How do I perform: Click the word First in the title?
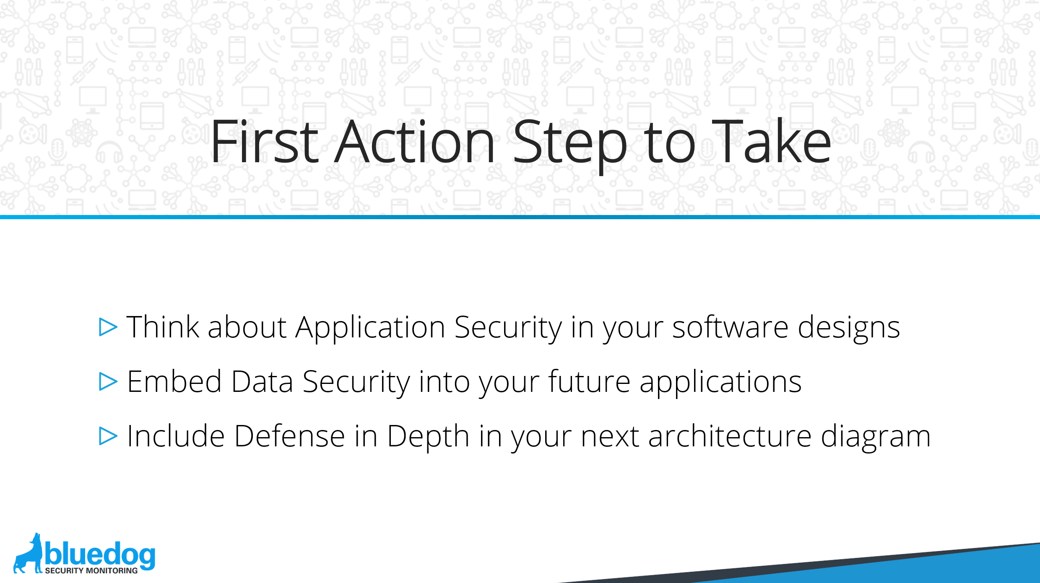pyautogui.click(x=265, y=142)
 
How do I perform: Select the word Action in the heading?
pyautogui.click(x=415, y=142)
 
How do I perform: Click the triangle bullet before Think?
pyautogui.click(x=108, y=327)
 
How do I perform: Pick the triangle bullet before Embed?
pyautogui.click(x=108, y=381)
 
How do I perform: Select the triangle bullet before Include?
pyautogui.click(x=108, y=436)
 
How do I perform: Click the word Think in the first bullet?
pyautogui.click(x=163, y=326)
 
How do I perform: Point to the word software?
pyautogui.click(x=731, y=326)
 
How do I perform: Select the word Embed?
pyautogui.click(x=174, y=381)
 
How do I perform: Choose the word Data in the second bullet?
pyautogui.click(x=262, y=381)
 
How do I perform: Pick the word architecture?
pyautogui.click(x=730, y=435)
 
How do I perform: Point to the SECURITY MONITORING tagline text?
pyautogui.click(x=91, y=570)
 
